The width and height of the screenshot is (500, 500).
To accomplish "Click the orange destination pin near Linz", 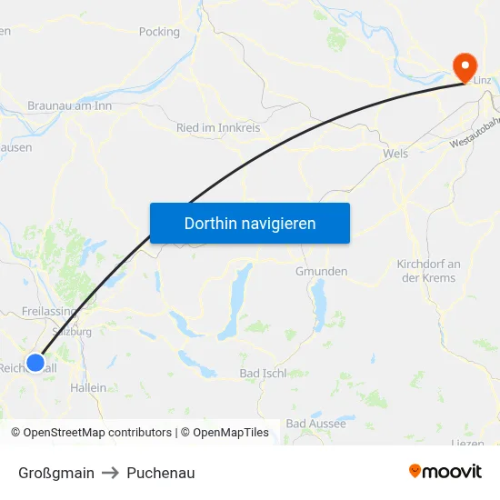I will (x=465, y=65).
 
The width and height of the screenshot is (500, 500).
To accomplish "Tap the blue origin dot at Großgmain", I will (x=35, y=363).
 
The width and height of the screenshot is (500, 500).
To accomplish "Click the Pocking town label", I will (x=159, y=32).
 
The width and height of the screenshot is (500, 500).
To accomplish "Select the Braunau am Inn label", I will (x=69, y=105).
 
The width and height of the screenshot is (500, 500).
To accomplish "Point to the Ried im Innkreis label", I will (x=218, y=128).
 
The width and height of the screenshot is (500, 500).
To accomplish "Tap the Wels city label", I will (x=395, y=154).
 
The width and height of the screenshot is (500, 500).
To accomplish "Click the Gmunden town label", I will (x=321, y=271).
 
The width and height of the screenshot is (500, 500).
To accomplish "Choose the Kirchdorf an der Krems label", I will (x=429, y=270).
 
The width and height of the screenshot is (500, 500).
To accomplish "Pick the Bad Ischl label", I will (x=263, y=373).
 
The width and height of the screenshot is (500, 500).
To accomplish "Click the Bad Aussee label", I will (x=315, y=424).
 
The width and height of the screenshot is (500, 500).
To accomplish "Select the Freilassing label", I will (x=47, y=311).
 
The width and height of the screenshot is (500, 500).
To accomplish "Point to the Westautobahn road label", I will (x=475, y=136).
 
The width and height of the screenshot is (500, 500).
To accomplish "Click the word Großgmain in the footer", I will (x=56, y=473).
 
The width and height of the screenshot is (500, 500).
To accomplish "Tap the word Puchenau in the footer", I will (x=161, y=473).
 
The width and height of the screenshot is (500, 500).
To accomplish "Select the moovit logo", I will (x=445, y=471).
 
